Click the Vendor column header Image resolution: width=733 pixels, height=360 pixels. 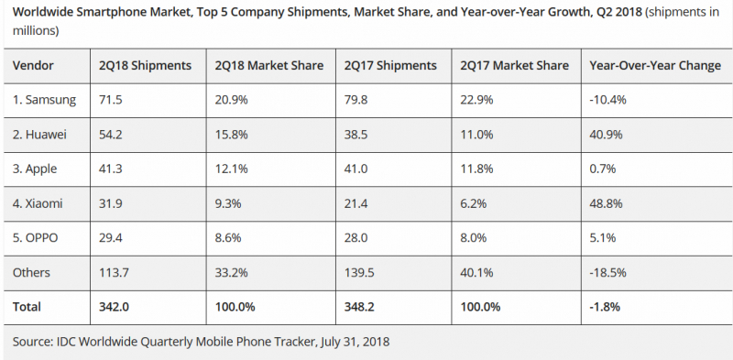[33, 65]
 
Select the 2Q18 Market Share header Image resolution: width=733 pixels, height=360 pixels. [269, 65]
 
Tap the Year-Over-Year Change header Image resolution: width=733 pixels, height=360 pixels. [655, 65]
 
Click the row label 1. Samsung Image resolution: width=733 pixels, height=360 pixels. [44, 100]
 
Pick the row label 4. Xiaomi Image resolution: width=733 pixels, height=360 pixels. [38, 204]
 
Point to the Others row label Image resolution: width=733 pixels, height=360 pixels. [31, 273]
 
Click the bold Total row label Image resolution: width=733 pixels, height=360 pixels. [27, 307]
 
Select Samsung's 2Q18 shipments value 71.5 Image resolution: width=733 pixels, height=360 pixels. [111, 100]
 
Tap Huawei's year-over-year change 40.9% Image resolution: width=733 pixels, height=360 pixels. [606, 135]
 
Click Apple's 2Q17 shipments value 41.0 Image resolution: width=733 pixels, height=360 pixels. [356, 169]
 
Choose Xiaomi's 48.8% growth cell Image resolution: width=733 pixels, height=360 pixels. [606, 204]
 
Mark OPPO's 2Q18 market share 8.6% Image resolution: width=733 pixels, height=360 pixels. [228, 238]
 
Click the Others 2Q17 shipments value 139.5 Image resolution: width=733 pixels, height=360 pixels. [359, 273]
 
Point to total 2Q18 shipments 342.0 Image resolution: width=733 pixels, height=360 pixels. [114, 307]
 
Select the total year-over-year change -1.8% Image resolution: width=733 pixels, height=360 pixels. [605, 307]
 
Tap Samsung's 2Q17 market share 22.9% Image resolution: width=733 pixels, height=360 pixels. [476, 100]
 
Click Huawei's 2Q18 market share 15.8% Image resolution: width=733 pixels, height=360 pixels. [232, 135]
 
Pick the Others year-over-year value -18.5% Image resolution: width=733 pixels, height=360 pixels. [607, 273]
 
